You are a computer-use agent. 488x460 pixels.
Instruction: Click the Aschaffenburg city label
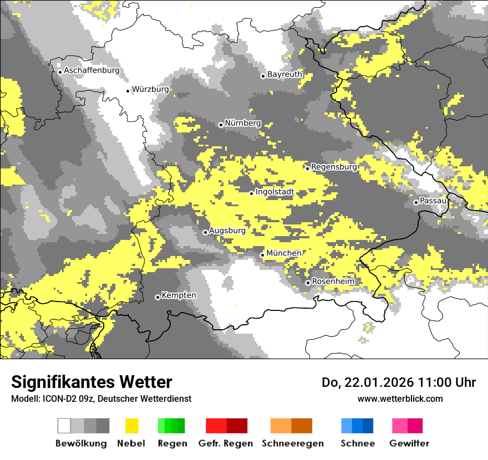pyautogui.click(x=91, y=71)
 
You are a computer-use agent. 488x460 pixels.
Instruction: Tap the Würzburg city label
pyautogui.click(x=150, y=89)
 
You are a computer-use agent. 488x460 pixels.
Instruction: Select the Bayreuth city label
pyautogui.click(x=284, y=74)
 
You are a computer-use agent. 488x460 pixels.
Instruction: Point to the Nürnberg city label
pyautogui.click(x=242, y=124)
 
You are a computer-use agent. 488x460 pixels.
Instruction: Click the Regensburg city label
pyautogui.click(x=334, y=167)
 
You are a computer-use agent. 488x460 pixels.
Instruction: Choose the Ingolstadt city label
pyautogui.click(x=274, y=192)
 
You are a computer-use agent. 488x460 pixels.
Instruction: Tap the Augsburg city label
pyautogui.click(x=227, y=231)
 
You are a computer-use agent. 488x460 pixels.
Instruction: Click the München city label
pyautogui.click(x=284, y=253)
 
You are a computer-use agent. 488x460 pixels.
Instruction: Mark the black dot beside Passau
pyautogui.click(x=416, y=202)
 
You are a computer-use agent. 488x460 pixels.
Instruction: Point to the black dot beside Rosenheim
pyautogui.click(x=308, y=283)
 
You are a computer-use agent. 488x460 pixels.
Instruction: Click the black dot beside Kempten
pyautogui.click(x=157, y=297)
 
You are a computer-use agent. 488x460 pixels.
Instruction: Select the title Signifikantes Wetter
pyautogui.click(x=91, y=382)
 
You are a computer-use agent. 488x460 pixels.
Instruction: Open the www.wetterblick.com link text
pyautogui.click(x=400, y=398)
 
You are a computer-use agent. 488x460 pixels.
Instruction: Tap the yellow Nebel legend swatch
pyautogui.click(x=132, y=426)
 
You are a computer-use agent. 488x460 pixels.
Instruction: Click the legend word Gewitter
pyautogui.click(x=409, y=443)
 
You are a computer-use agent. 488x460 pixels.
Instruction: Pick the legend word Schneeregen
pyautogui.click(x=292, y=443)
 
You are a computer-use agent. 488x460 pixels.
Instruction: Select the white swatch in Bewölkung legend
pyautogui.click(x=64, y=426)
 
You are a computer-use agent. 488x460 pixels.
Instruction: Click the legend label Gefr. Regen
pyautogui.click(x=226, y=443)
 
